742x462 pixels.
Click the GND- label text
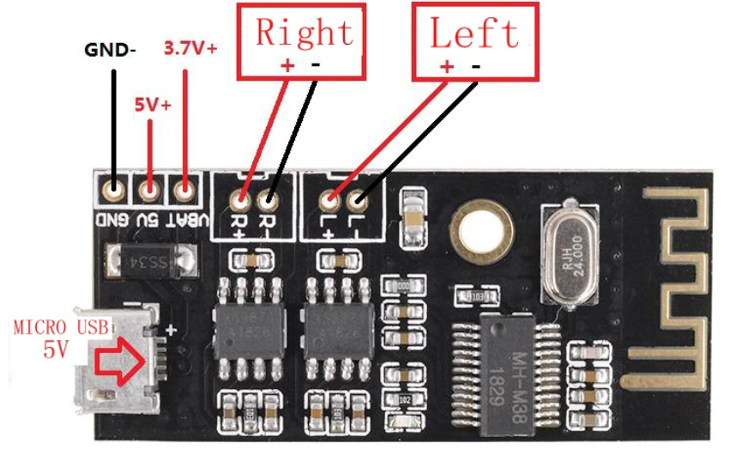click(x=110, y=49)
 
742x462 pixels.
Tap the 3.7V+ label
click(x=190, y=48)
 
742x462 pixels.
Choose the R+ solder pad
click(x=241, y=201)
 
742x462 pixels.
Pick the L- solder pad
click(x=356, y=201)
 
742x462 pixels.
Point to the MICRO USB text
click(x=61, y=327)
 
